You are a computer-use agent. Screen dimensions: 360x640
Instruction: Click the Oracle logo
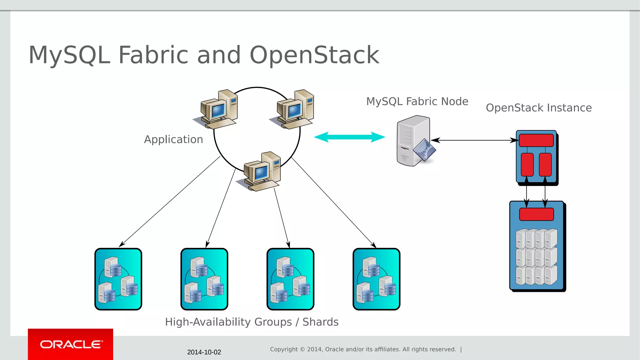point(71,344)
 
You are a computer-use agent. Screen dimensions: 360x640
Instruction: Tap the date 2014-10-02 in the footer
point(204,352)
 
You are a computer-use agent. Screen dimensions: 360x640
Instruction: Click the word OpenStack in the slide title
point(314,55)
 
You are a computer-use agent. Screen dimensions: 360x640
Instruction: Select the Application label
point(173,139)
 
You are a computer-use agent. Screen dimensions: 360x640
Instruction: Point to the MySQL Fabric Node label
point(417,102)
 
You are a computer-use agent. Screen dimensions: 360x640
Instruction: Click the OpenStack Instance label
point(538,108)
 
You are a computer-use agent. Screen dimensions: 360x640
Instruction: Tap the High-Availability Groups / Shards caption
point(252,322)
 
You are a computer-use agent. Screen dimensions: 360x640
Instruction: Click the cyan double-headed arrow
point(349,137)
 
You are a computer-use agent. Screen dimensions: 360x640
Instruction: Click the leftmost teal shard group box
point(118,279)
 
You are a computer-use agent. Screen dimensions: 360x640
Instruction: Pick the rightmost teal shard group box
point(376,279)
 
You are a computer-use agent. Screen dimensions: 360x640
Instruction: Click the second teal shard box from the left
point(204,279)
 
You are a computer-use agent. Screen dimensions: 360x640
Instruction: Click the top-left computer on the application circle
point(217,109)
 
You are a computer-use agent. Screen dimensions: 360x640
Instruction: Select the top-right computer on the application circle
point(294,109)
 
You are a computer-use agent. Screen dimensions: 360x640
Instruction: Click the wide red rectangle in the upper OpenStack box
point(536,140)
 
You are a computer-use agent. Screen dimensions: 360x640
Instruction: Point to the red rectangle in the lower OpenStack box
point(536,214)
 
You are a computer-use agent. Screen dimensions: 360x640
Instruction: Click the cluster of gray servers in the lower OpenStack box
point(536,257)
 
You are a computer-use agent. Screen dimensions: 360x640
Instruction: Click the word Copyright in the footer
point(284,349)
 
